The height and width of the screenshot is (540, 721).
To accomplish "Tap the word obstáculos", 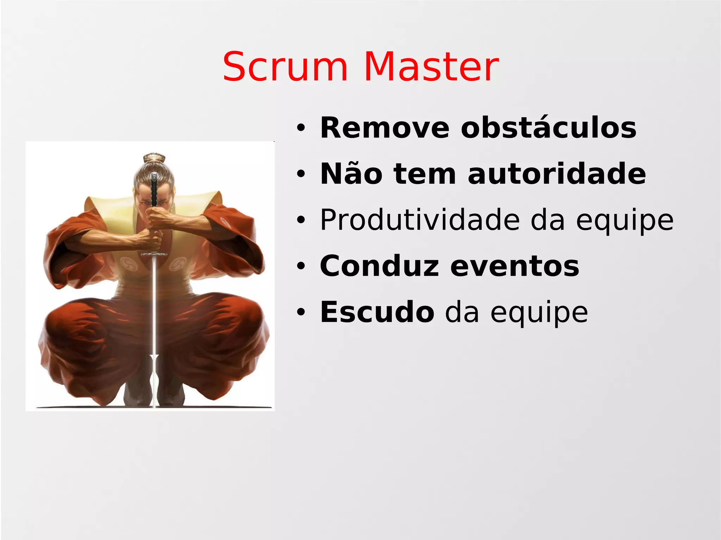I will pos(548,128).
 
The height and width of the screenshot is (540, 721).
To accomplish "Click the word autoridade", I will pos(557,174).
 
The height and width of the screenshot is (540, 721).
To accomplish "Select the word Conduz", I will pos(380,266).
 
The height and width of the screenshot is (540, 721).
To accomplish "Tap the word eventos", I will pos(515,266).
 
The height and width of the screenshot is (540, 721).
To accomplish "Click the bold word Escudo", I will pos(377,312).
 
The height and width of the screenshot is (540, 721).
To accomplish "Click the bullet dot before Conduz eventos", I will pos(300,266).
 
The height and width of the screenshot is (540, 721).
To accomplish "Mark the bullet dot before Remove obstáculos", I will pos(300,128).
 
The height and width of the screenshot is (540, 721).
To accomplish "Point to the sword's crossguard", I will pos(154,254).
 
